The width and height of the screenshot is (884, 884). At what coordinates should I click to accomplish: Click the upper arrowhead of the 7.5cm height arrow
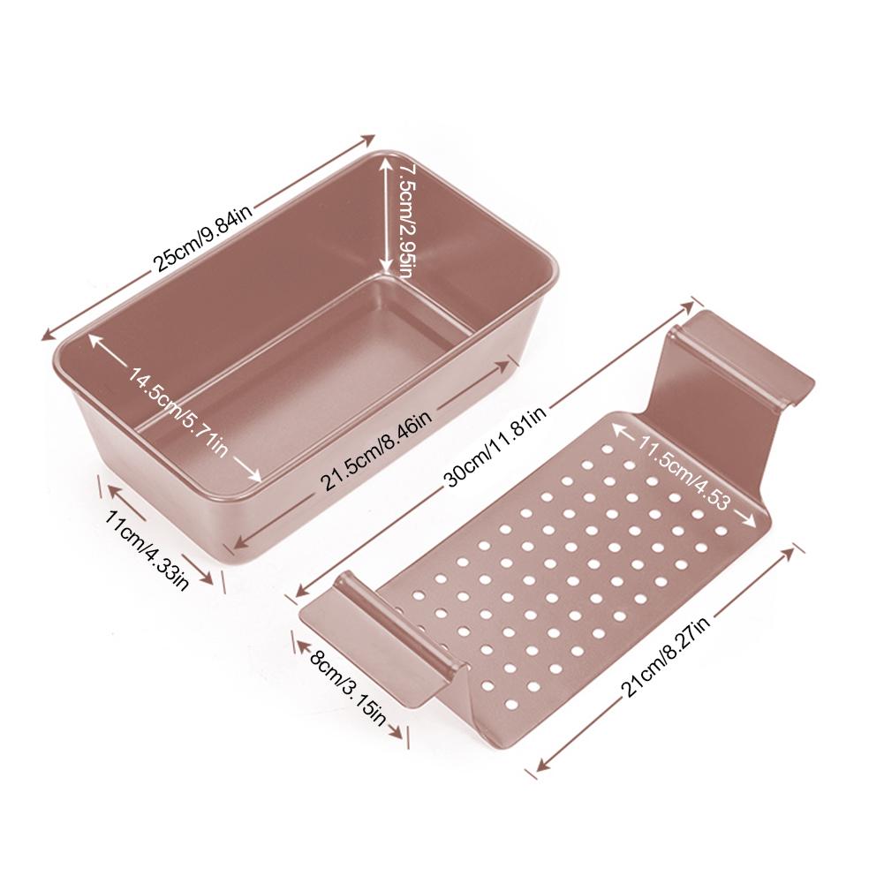coord(386,161)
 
